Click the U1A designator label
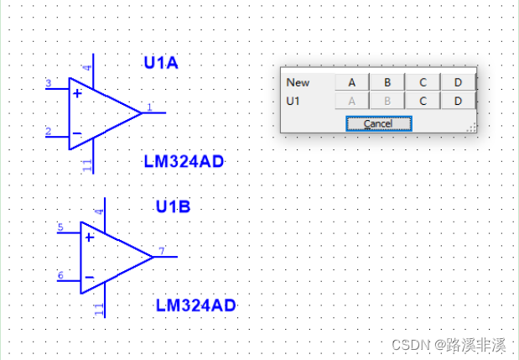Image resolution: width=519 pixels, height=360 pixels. [x=162, y=63]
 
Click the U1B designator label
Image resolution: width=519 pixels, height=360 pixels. [x=174, y=206]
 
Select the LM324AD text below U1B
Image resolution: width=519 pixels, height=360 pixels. [x=196, y=305]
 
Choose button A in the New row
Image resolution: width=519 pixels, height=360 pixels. [x=352, y=82]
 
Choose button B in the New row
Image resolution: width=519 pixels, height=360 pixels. [x=387, y=82]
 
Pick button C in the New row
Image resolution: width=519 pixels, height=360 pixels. [x=423, y=82]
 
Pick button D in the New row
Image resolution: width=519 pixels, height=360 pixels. [x=458, y=82]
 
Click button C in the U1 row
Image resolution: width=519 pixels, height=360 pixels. [x=423, y=101]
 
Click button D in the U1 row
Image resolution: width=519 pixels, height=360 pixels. [x=458, y=101]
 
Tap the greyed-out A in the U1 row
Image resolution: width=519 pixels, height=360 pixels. [x=352, y=101]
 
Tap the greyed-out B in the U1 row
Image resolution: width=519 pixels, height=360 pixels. [x=387, y=101]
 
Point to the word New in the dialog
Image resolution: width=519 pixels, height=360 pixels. [x=298, y=82]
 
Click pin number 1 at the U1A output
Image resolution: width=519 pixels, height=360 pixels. [x=149, y=107]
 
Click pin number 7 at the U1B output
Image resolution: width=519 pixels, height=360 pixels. [x=161, y=251]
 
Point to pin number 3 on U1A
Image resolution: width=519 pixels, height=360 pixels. [x=48, y=83]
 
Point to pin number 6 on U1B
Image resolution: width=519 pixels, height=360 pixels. [x=60, y=276]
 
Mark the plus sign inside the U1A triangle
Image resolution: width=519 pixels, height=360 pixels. [x=77, y=93]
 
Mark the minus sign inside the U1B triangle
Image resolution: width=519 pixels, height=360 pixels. [x=89, y=277]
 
